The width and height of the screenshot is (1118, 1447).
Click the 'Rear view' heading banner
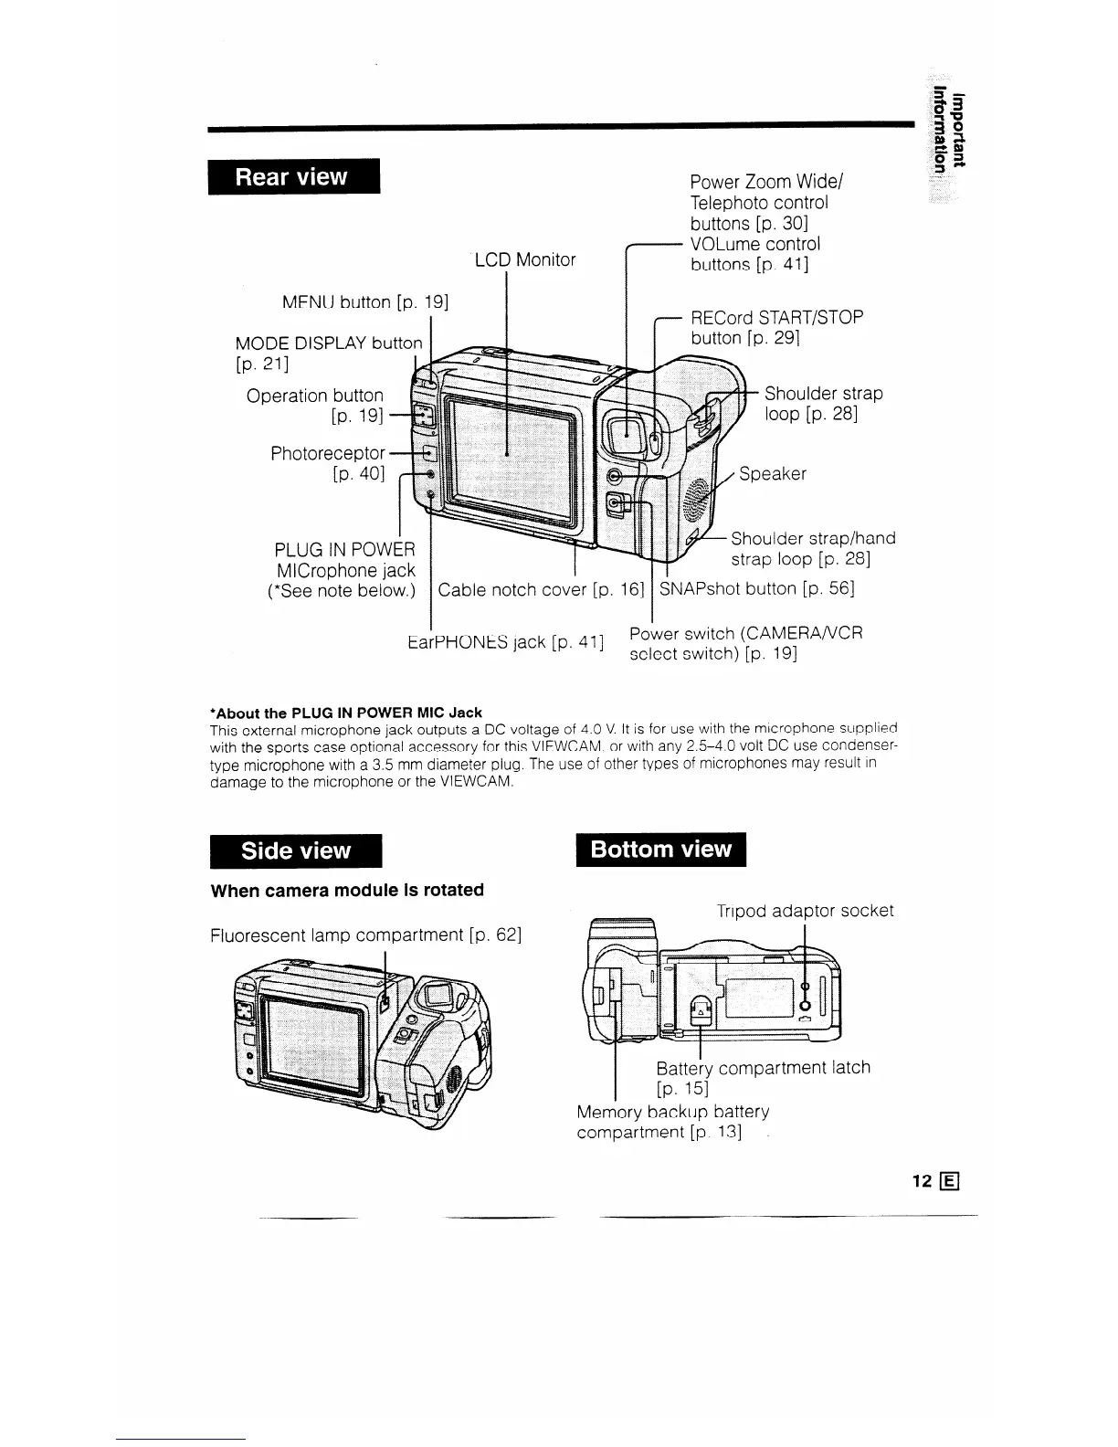coord(292,177)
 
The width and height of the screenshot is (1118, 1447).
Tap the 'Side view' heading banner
coord(295,850)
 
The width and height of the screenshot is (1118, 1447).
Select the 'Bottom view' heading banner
coord(661,850)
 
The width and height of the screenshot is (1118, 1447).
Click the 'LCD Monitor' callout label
coord(525,260)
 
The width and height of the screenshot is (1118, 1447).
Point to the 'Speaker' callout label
coord(773,474)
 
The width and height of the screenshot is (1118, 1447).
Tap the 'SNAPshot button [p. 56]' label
coord(756,589)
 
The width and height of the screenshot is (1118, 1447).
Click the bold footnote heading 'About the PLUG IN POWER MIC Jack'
coord(347,713)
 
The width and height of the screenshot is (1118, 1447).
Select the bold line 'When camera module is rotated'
coord(347,890)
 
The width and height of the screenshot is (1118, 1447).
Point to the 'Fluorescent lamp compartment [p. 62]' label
coord(365,936)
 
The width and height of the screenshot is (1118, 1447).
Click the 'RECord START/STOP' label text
coord(776,318)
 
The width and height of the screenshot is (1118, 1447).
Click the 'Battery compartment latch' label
coord(763,1068)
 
